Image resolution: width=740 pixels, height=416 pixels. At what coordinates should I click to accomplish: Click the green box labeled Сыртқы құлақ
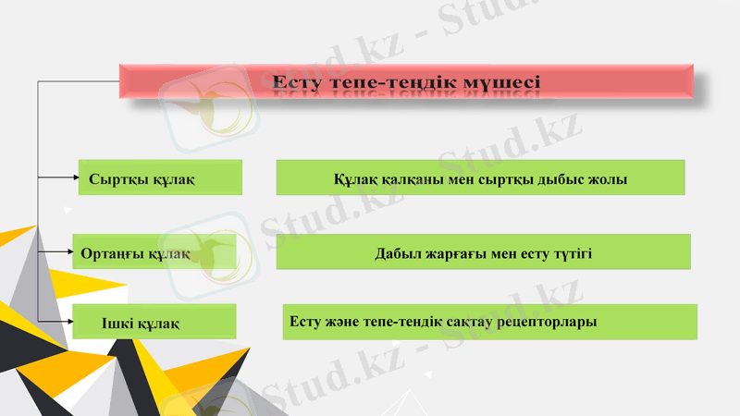(160, 177)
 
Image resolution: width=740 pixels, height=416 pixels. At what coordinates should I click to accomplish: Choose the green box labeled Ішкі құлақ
(154, 322)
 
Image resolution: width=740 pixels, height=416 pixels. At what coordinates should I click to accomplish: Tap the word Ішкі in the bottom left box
(118, 323)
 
